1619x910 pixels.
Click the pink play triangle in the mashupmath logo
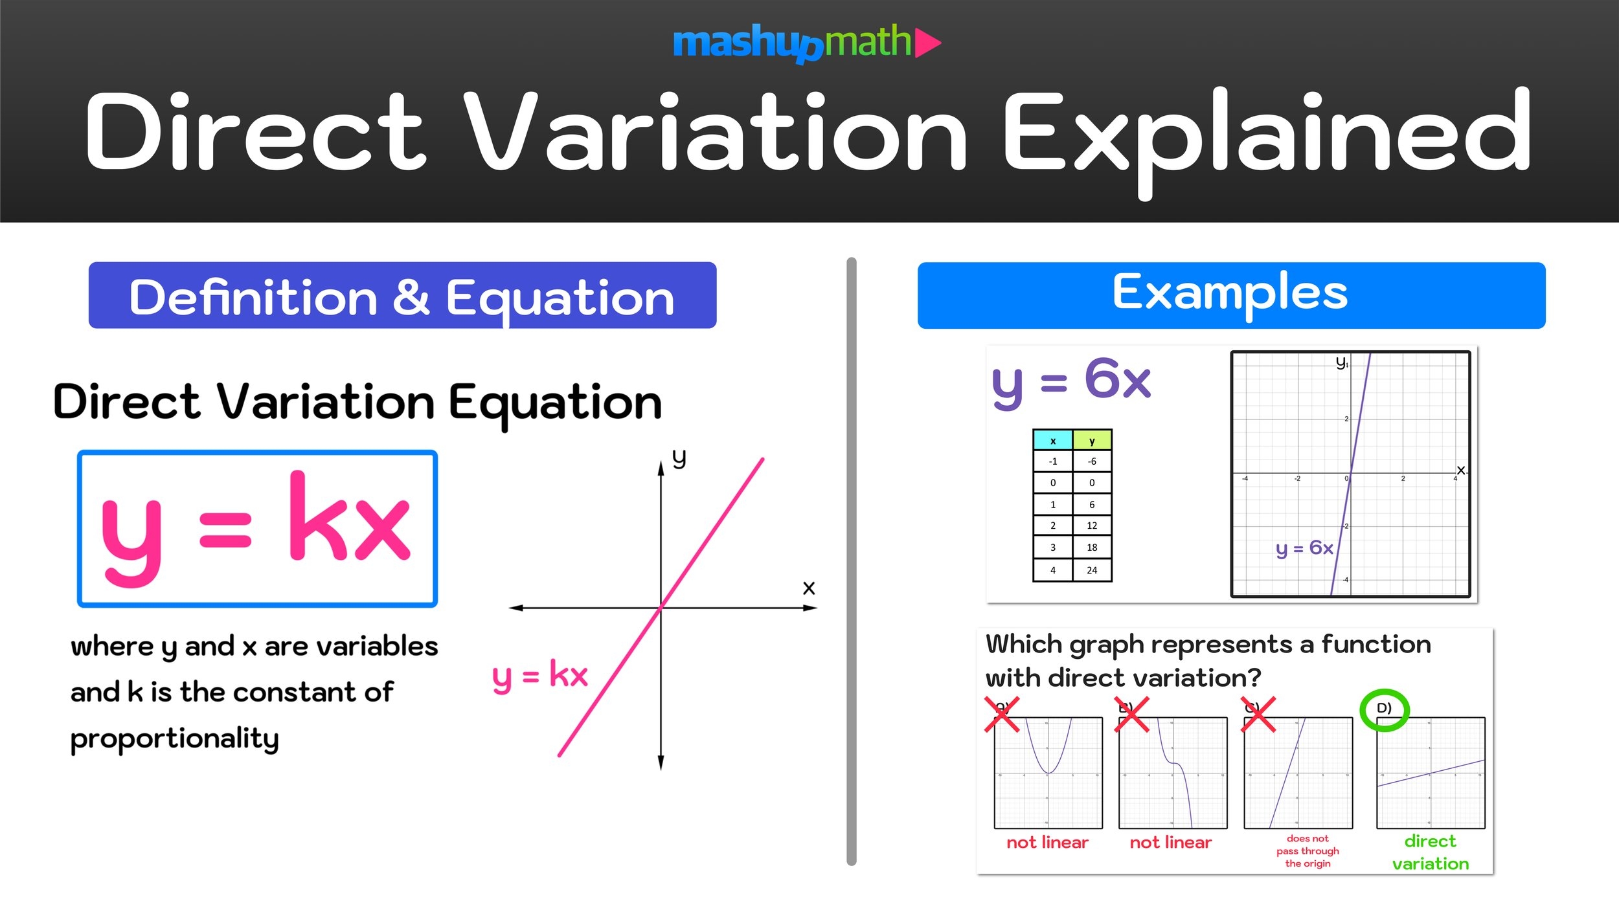[x=927, y=43]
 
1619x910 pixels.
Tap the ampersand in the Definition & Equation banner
[x=411, y=298]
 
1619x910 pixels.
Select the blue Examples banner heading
[x=1230, y=294]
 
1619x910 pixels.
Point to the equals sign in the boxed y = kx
[x=225, y=529]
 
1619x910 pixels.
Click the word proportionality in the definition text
[x=175, y=738]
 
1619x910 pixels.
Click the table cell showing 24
[x=1092, y=570]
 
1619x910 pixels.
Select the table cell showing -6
[x=1092, y=461]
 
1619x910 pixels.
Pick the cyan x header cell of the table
[x=1053, y=441]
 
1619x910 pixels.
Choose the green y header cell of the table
[x=1092, y=441]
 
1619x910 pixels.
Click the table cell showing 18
[x=1092, y=548]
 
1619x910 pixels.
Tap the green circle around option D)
[x=1384, y=710]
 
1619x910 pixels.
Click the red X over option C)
[x=1258, y=715]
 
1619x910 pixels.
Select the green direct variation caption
[x=1430, y=852]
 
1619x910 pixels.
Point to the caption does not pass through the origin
[x=1308, y=851]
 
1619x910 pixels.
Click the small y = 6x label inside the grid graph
[x=1304, y=549]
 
